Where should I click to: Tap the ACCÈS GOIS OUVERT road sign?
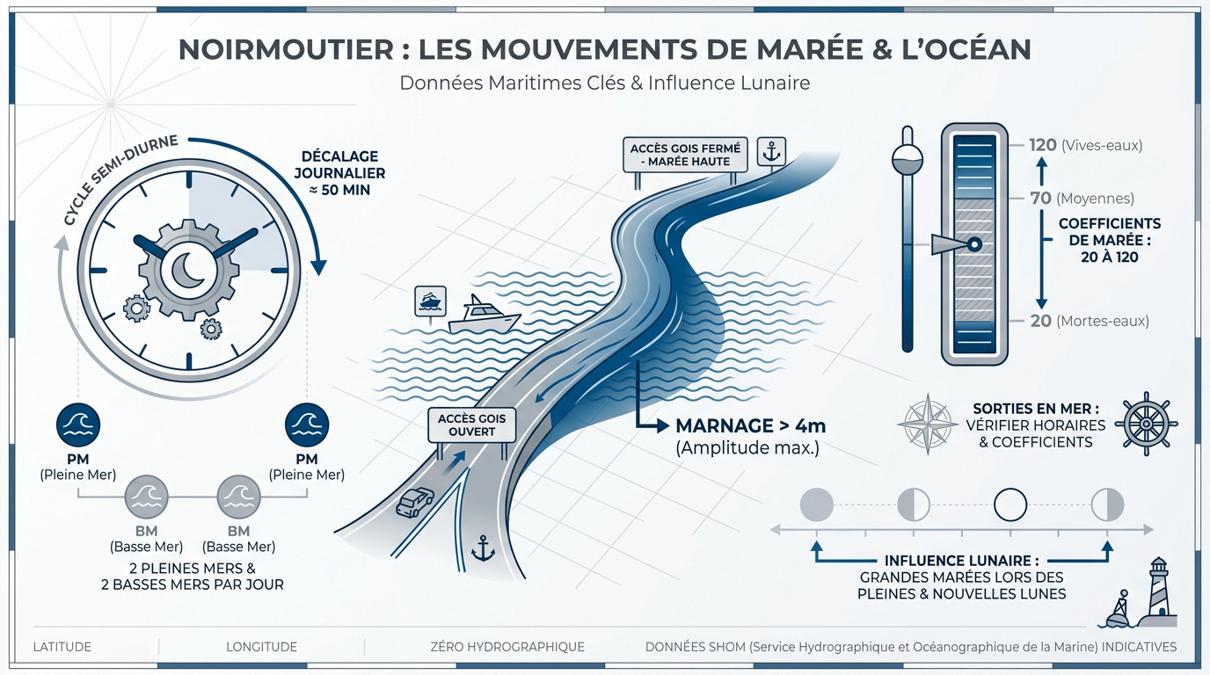471,425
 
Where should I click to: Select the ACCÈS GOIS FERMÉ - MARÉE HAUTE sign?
685,155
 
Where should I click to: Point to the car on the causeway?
415,502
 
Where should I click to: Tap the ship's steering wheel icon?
1147,424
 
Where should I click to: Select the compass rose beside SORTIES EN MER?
928,425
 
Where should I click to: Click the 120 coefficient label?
1043,145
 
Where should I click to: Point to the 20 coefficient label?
1040,321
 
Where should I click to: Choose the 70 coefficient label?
1040,198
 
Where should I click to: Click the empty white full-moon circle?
1010,504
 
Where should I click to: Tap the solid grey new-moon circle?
816,504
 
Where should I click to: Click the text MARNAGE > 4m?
751,426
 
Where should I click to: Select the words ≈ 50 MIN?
339,190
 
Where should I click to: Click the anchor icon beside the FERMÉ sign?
771,152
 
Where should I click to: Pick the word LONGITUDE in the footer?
261,647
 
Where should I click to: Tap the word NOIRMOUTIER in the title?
287,49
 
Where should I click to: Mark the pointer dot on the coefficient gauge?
974,244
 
